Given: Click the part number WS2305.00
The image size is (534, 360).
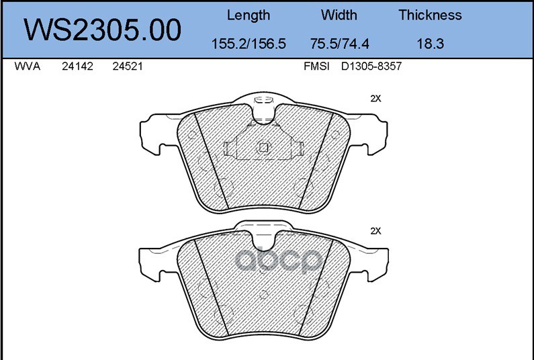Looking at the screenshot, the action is pos(102,30).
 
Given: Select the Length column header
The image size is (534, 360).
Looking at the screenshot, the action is pos(249,15).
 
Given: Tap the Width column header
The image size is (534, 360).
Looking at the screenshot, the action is pos(339,15).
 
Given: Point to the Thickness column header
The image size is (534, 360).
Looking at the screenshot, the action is pos(430,15).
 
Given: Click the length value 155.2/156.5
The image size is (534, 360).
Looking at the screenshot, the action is pos(249,44).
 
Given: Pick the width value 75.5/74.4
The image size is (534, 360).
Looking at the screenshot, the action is pos(339,44).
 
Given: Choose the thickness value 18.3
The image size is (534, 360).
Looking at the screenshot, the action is pos(431,44).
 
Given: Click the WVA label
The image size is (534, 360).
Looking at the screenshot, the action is pos(28,66).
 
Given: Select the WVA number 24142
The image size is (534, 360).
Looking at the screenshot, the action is pos(77,66).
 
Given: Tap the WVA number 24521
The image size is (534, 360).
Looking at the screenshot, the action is pos(128,66).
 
